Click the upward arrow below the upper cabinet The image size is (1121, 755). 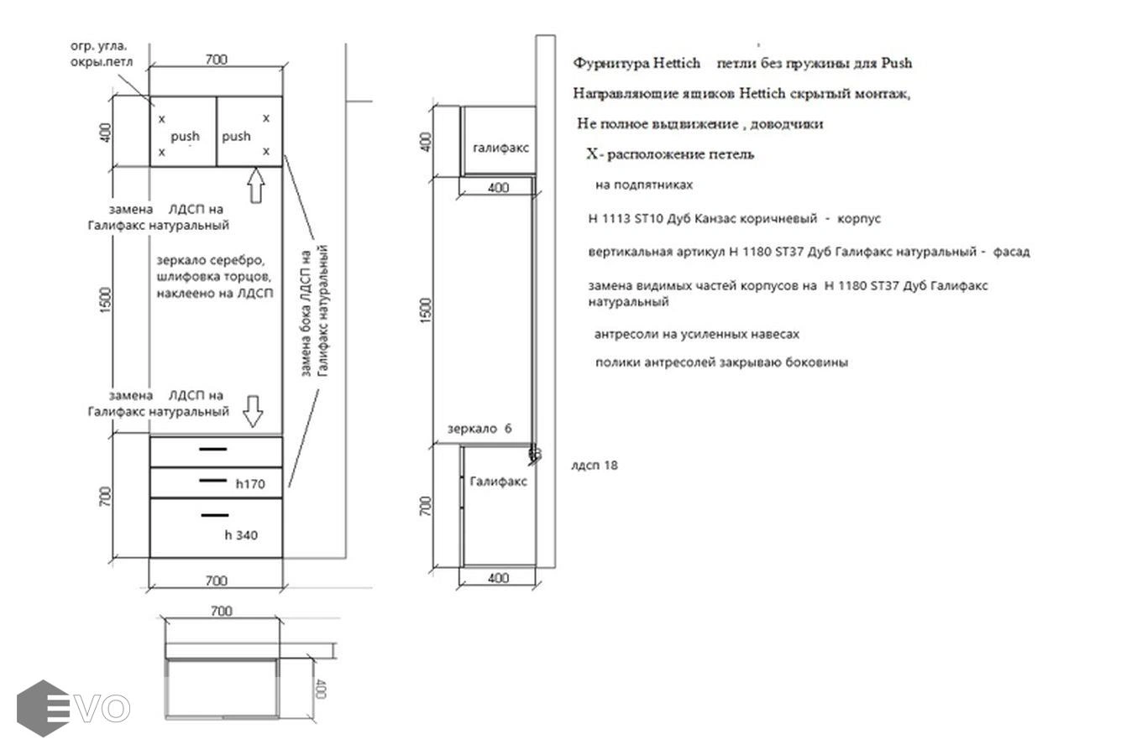point(256,185)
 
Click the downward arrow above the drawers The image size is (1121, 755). point(253,411)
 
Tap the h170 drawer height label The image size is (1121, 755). point(250,483)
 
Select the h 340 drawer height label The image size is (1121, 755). point(241,535)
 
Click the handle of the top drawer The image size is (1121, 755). point(213,449)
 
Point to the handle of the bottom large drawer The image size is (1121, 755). point(215,515)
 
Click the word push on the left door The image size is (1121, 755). point(186,137)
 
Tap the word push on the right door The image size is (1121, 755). point(236,137)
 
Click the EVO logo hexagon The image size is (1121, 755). point(43,708)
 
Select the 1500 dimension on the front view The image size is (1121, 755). point(106,300)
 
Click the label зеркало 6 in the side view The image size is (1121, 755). point(479,429)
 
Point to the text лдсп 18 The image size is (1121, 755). point(595,466)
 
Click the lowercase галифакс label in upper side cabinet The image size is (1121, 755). point(500,148)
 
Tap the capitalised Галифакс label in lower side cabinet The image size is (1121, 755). point(499,482)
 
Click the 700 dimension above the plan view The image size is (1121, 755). point(221,611)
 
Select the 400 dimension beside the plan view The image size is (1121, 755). point(321,689)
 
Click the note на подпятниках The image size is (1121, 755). point(644,185)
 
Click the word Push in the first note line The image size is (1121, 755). point(897,64)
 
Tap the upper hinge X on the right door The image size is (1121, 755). point(266,118)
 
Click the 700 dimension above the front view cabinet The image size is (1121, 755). point(216,60)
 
